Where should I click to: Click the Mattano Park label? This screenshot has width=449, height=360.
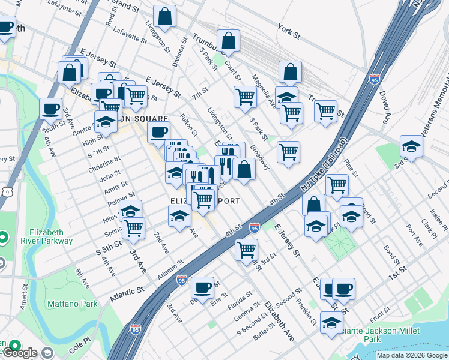73,304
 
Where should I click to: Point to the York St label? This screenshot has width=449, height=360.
289,28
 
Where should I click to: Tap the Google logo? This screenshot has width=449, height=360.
20,353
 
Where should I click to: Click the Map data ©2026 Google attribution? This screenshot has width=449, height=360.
412,355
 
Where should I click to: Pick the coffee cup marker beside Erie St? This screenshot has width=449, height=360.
203,287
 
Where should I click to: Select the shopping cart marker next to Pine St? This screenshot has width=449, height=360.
337,184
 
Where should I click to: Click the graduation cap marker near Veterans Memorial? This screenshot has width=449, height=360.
412,146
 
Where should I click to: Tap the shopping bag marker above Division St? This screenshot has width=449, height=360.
164,16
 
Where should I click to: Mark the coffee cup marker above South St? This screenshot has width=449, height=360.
50,108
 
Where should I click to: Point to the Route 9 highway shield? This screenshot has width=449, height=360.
5,191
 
